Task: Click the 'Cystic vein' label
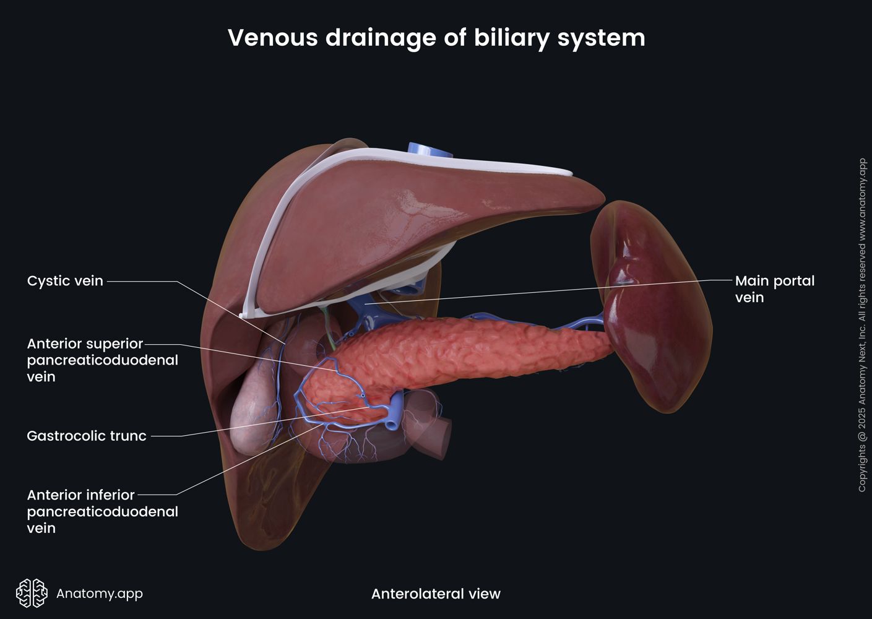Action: [65, 281]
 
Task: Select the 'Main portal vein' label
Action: [774, 289]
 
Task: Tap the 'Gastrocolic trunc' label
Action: [87, 436]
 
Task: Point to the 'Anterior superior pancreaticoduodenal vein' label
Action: [102, 360]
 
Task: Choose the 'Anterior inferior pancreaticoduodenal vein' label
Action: [102, 511]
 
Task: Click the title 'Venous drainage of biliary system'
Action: [436, 38]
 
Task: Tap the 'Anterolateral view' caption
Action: [436, 594]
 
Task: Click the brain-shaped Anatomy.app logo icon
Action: [32, 594]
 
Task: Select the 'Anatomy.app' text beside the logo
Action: [100, 594]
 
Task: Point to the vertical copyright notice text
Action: [862, 325]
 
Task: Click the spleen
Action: [656, 309]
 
